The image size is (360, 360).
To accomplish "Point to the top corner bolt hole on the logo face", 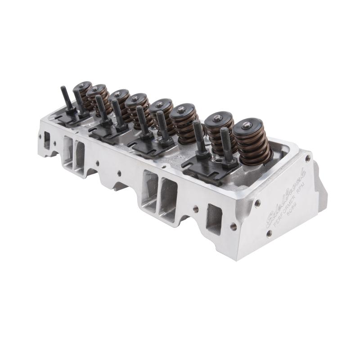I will (307, 158).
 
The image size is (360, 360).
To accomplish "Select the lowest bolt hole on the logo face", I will (269, 233).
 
